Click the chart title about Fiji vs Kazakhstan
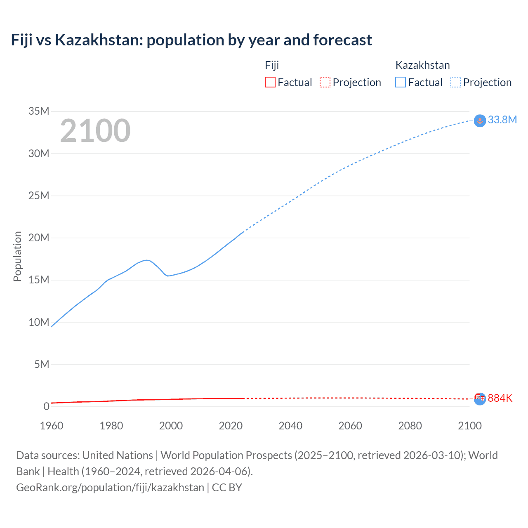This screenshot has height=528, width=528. (191, 40)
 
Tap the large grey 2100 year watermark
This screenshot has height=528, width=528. (95, 131)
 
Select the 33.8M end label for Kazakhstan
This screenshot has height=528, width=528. (502, 120)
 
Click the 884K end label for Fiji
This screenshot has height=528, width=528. (500, 398)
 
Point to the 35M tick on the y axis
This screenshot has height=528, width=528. (39, 111)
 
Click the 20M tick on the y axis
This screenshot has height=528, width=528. (39, 238)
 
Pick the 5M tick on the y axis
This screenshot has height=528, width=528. (42, 364)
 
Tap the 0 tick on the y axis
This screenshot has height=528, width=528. (46, 406)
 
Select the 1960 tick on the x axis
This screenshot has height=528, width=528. (52, 426)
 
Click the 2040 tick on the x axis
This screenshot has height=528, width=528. (290, 426)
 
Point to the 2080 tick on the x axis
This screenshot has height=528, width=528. (410, 426)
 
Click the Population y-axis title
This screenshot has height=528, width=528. (17, 256)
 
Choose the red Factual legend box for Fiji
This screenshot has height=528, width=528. (270, 82)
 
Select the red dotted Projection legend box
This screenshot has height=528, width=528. (325, 82)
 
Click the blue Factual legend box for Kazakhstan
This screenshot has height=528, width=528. (401, 82)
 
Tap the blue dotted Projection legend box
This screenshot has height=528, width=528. (456, 82)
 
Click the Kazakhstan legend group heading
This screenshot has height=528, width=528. (422, 65)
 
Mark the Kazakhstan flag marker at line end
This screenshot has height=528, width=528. (480, 121)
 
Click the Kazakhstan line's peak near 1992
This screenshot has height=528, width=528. (146, 260)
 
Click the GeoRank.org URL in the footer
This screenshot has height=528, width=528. (110, 488)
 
